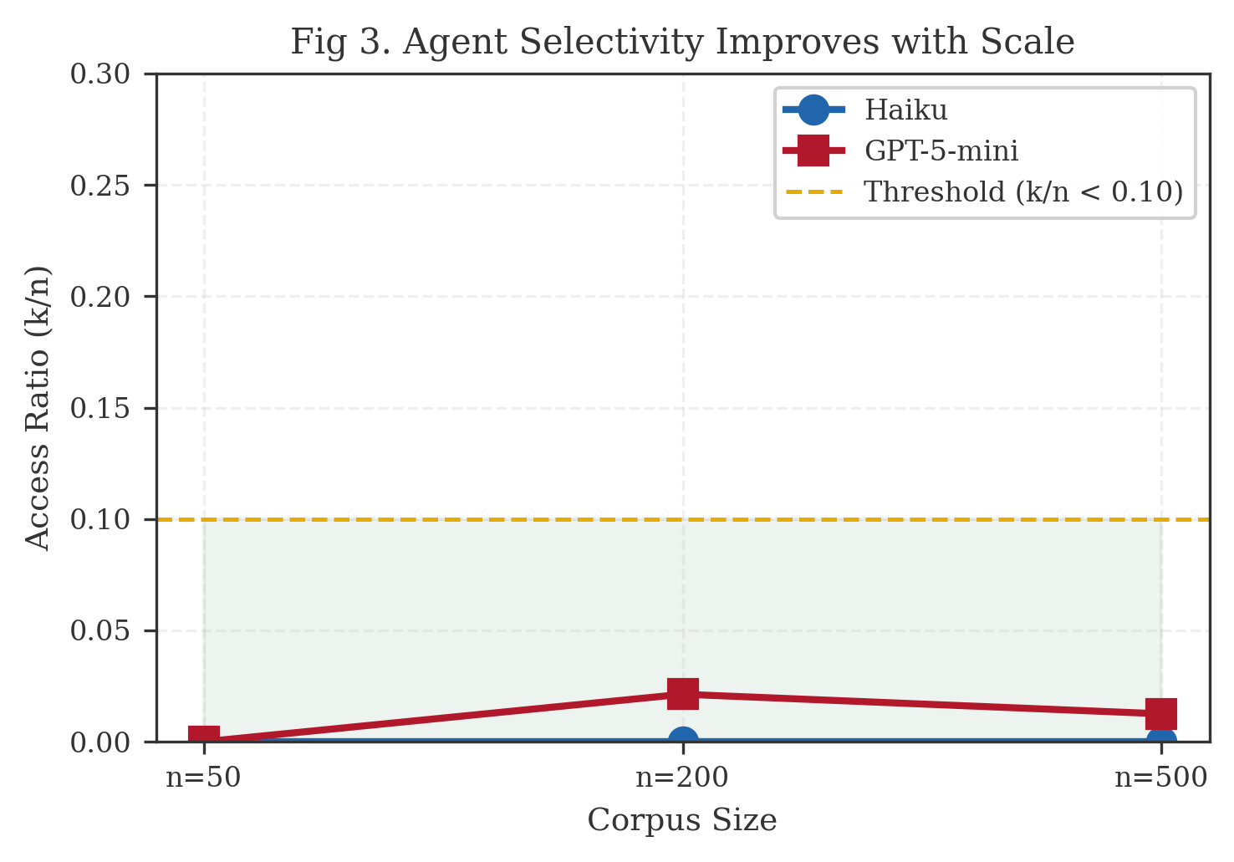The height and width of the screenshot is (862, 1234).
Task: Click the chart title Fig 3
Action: click(x=682, y=42)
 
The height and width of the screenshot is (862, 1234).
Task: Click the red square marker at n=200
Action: click(x=683, y=694)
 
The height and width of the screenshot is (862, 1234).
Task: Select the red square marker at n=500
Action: click(x=1161, y=714)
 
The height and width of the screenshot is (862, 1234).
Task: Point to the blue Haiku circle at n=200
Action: click(x=683, y=739)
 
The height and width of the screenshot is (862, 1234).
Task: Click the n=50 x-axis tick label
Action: click(x=204, y=778)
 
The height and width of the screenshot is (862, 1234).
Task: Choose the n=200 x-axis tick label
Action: click(x=682, y=778)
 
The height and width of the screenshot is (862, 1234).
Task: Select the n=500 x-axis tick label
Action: click(x=1160, y=778)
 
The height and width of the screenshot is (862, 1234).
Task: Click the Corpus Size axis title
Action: click(x=682, y=820)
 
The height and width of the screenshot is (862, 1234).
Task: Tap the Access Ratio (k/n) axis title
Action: click(x=38, y=408)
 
